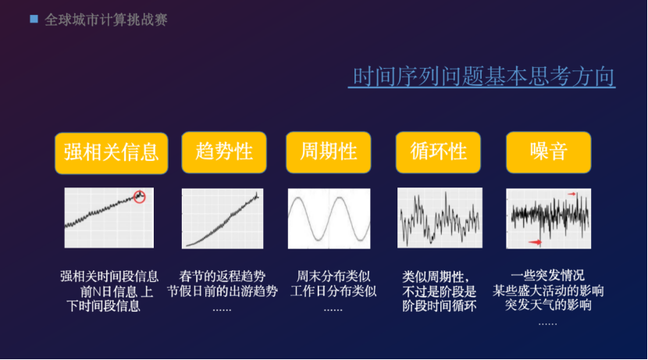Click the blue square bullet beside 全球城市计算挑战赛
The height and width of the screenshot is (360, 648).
[34, 19]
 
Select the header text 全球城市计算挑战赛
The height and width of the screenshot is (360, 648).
[106, 20]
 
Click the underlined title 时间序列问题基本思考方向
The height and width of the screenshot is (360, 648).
[483, 77]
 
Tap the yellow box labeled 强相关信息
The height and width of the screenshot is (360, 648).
[111, 153]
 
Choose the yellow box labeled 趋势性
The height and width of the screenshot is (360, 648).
[224, 152]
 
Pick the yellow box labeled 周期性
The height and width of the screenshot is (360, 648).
[329, 152]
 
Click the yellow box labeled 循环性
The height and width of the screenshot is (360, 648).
[438, 152]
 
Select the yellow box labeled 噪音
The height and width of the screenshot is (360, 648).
[548, 152]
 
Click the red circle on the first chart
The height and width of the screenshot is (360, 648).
[140, 192]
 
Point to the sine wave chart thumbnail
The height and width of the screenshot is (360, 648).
[329, 219]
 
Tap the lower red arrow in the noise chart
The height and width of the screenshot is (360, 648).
[535, 242]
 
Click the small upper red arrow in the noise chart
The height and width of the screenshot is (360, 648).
[571, 194]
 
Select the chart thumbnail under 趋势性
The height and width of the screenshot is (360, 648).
[223, 219]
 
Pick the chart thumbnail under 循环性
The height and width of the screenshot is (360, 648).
[440, 218]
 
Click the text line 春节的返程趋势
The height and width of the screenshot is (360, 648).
[223, 276]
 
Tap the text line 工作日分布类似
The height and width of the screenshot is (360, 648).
[333, 291]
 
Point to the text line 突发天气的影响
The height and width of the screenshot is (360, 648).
[548, 305]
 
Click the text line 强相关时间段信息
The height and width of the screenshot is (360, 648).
[109, 276]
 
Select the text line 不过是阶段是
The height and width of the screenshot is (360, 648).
[440, 291]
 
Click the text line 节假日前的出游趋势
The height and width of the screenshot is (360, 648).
[223, 291]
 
